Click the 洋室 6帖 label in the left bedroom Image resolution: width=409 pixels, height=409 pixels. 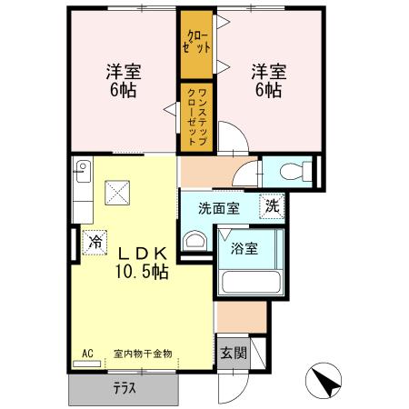[x=120, y=80]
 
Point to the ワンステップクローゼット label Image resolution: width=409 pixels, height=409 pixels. [x=197, y=112]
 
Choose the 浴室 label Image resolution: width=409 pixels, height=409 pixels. [x=243, y=247]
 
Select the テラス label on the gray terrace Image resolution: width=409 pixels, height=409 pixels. [x=125, y=387]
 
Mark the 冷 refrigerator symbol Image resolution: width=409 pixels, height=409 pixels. [x=95, y=243]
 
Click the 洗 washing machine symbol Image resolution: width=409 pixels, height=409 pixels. [x=272, y=205]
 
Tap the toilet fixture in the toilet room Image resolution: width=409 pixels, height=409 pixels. [x=292, y=171]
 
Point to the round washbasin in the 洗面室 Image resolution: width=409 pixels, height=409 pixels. [x=195, y=242]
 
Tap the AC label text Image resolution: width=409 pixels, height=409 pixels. [x=88, y=353]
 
